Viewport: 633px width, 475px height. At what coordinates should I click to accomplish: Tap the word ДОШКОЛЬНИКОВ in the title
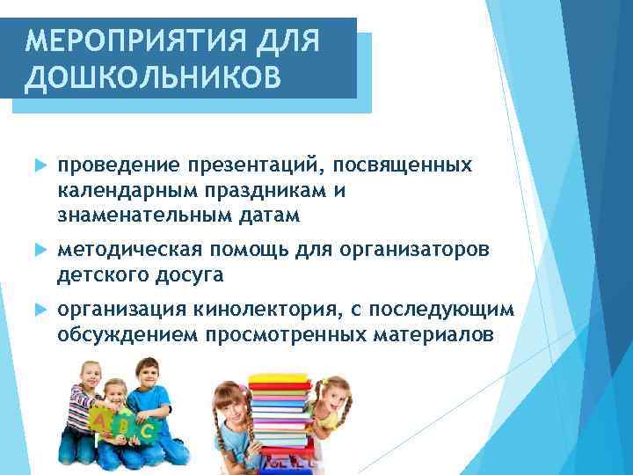[x=153, y=77]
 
